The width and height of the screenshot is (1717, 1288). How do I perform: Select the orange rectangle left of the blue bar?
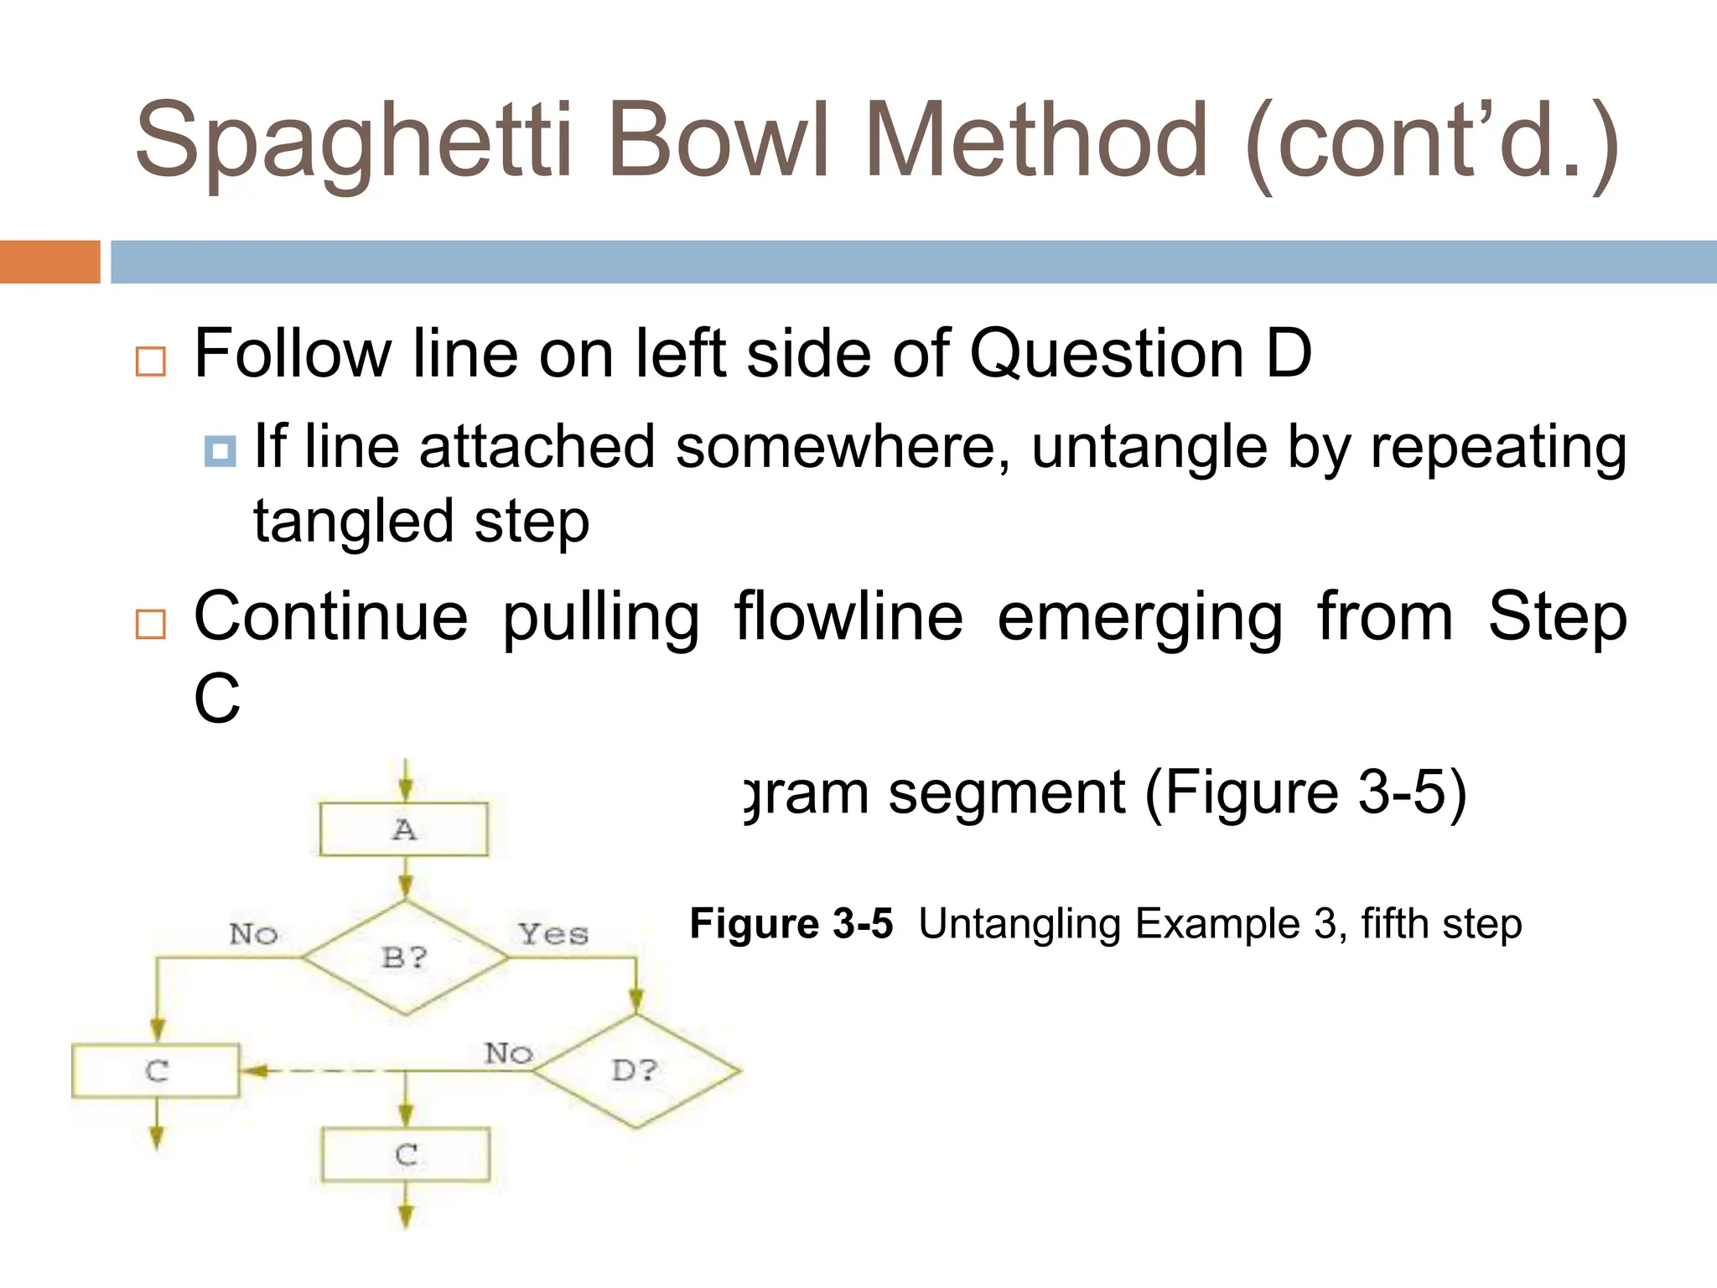coord(49,262)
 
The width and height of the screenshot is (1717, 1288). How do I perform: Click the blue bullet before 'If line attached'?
coord(220,451)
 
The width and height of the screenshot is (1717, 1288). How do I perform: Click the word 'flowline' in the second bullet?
coord(848,617)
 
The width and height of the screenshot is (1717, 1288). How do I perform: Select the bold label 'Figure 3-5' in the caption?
coord(791,924)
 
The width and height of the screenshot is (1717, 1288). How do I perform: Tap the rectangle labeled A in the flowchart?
coord(404,829)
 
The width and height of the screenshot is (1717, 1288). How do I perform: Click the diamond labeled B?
coord(406,957)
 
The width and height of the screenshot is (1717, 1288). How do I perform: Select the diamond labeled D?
coord(636,1070)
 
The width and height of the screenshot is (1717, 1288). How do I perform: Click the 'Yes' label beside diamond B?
coord(553,933)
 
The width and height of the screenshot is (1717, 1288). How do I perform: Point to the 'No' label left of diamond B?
coord(253,933)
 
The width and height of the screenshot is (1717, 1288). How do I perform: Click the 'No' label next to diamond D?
coord(508,1052)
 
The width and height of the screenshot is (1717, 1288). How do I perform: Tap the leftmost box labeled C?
coord(156,1070)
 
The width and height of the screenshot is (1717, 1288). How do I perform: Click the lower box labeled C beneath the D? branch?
coord(406,1155)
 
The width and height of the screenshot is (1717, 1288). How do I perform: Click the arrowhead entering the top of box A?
coord(406,789)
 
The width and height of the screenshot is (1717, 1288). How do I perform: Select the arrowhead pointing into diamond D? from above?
coord(636,1000)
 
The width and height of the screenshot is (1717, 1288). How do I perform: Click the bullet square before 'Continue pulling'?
coord(151,625)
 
